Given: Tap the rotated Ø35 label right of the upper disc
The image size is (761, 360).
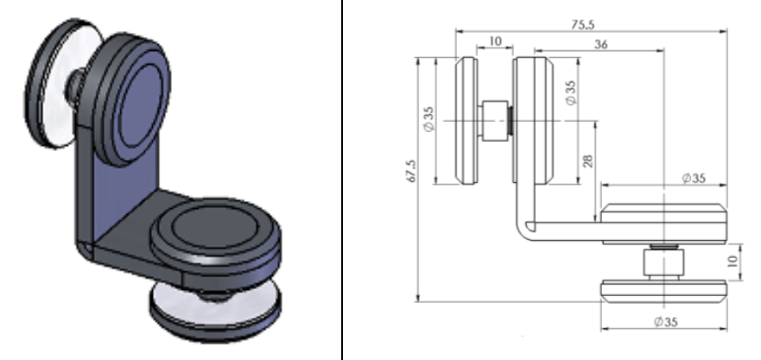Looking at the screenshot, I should pos(571,92).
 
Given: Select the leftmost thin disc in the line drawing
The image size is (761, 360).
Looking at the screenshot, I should pos(466,120).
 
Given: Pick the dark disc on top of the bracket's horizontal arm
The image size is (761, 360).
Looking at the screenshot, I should pos(214,232).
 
